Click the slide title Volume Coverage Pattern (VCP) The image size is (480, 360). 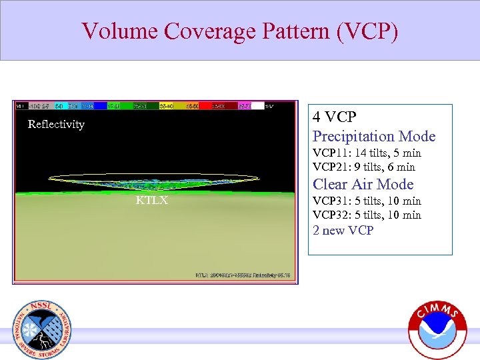pyautogui.click(x=240, y=31)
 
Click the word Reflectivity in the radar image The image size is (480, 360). pyautogui.click(x=56, y=124)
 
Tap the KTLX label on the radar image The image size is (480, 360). pyautogui.click(x=152, y=200)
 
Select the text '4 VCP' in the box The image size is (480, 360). pyautogui.click(x=335, y=117)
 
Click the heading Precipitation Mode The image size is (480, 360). pyautogui.click(x=374, y=137)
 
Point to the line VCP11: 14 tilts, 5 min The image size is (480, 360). pyautogui.click(x=367, y=153)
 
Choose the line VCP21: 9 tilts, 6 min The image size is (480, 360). pyautogui.click(x=364, y=167)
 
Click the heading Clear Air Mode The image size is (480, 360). pyautogui.click(x=363, y=185)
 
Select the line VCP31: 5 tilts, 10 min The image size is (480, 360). pyautogui.click(x=367, y=201)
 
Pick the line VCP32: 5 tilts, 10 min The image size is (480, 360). pyautogui.click(x=367, y=215)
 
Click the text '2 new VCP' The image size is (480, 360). pyautogui.click(x=343, y=231)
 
